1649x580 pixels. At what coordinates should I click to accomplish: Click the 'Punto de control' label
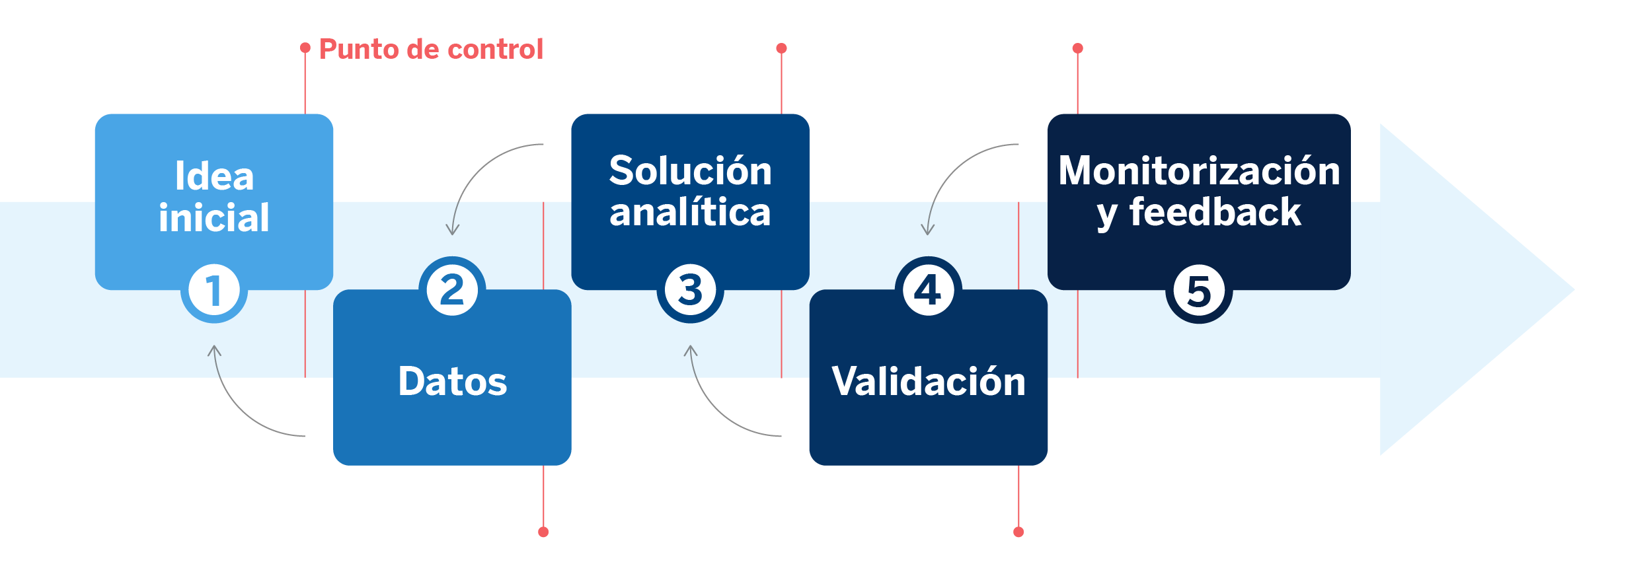click(431, 50)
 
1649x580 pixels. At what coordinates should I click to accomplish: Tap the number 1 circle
click(213, 290)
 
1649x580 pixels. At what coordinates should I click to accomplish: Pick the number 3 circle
click(690, 290)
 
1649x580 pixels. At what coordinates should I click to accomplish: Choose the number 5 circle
click(1198, 291)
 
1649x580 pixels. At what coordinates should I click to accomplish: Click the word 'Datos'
click(452, 382)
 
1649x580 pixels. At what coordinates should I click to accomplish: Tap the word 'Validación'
click(928, 382)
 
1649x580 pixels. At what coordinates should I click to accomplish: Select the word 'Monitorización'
click(1199, 170)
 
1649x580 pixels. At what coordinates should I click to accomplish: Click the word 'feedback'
click(1215, 213)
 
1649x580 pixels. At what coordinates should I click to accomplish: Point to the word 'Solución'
click(690, 170)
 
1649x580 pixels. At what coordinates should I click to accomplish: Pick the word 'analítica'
click(690, 213)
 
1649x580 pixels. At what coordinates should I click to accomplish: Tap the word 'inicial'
click(213, 218)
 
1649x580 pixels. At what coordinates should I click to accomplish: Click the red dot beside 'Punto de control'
click(305, 48)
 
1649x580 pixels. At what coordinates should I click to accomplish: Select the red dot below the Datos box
click(543, 532)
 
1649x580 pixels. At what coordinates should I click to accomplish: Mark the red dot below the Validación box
click(1018, 532)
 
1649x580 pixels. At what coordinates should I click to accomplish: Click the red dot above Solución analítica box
click(781, 48)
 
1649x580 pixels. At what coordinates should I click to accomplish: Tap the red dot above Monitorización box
click(1077, 48)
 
